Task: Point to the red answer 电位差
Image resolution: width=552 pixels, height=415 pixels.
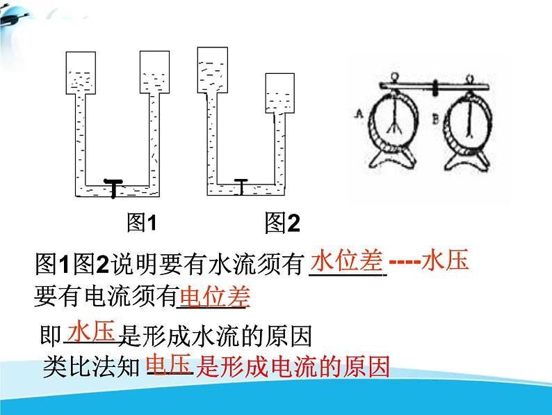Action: [x=214, y=297]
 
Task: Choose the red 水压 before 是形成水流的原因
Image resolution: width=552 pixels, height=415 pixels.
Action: [x=92, y=329]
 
